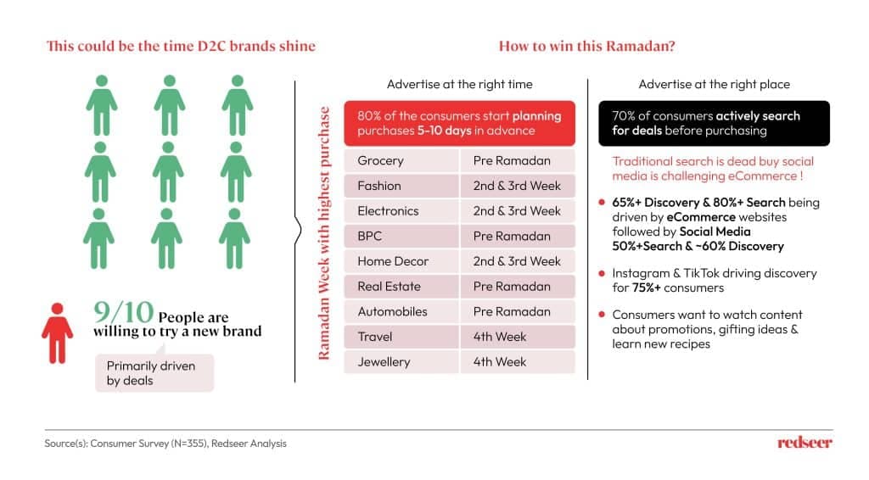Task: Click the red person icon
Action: [x=57, y=332]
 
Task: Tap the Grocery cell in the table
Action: [x=401, y=160]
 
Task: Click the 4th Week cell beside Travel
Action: [x=518, y=337]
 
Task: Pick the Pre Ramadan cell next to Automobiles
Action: [x=518, y=312]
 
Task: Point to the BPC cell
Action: [x=401, y=236]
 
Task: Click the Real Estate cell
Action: [x=401, y=287]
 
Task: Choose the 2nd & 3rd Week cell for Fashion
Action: [x=518, y=186]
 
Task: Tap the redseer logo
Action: [x=805, y=443]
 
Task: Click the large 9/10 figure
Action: [x=124, y=312]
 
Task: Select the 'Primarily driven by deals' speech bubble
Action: [x=154, y=372]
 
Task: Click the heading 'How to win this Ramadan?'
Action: [x=587, y=46]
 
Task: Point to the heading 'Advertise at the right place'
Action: [x=714, y=84]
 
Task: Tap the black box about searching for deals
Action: [x=714, y=124]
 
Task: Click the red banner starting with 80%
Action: [x=459, y=124]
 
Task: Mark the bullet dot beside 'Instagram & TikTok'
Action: [x=602, y=273]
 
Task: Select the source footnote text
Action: [x=165, y=444]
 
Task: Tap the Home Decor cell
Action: [x=401, y=261]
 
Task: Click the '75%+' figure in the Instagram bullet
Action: [x=646, y=287]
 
